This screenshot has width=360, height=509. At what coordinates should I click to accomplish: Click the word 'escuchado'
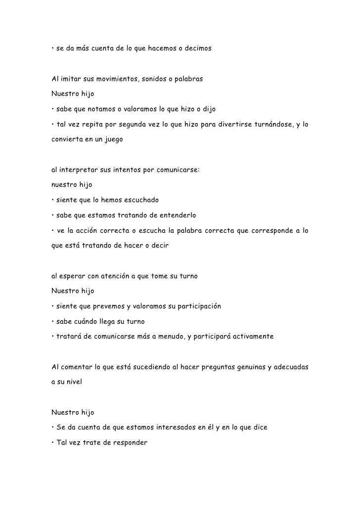click(138, 200)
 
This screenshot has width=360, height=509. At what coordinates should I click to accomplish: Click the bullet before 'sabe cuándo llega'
click(53, 321)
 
